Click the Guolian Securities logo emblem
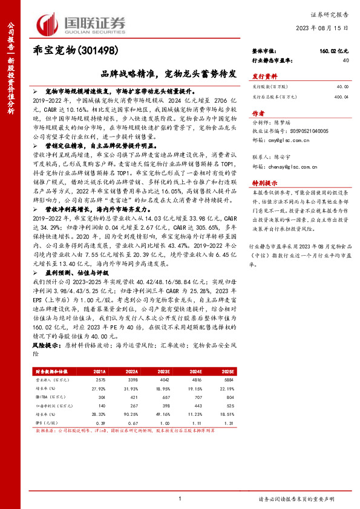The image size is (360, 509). (x=50, y=24)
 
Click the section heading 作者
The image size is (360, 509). (x=258, y=113)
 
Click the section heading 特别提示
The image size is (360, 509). (x=264, y=182)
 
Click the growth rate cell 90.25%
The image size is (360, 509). (x=133, y=405)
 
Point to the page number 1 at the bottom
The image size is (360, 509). (x=180, y=499)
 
